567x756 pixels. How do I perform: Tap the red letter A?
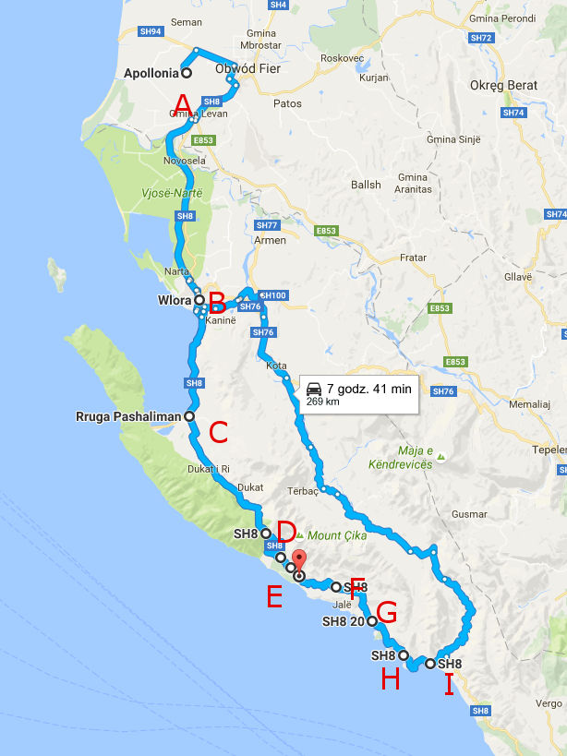[183, 102]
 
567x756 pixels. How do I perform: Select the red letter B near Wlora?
[217, 302]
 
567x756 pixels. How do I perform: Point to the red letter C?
[218, 432]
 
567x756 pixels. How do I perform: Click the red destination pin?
[299, 566]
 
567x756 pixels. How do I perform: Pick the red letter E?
[274, 597]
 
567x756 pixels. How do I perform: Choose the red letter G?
[387, 612]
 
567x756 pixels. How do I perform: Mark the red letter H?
[391, 680]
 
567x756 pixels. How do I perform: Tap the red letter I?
[450, 685]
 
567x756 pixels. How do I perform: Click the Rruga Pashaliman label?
[129, 416]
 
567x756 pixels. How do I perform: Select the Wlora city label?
[174, 300]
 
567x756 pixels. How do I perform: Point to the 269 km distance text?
[322, 402]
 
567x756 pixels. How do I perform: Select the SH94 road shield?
[151, 31]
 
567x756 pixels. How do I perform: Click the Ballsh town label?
[366, 185]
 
